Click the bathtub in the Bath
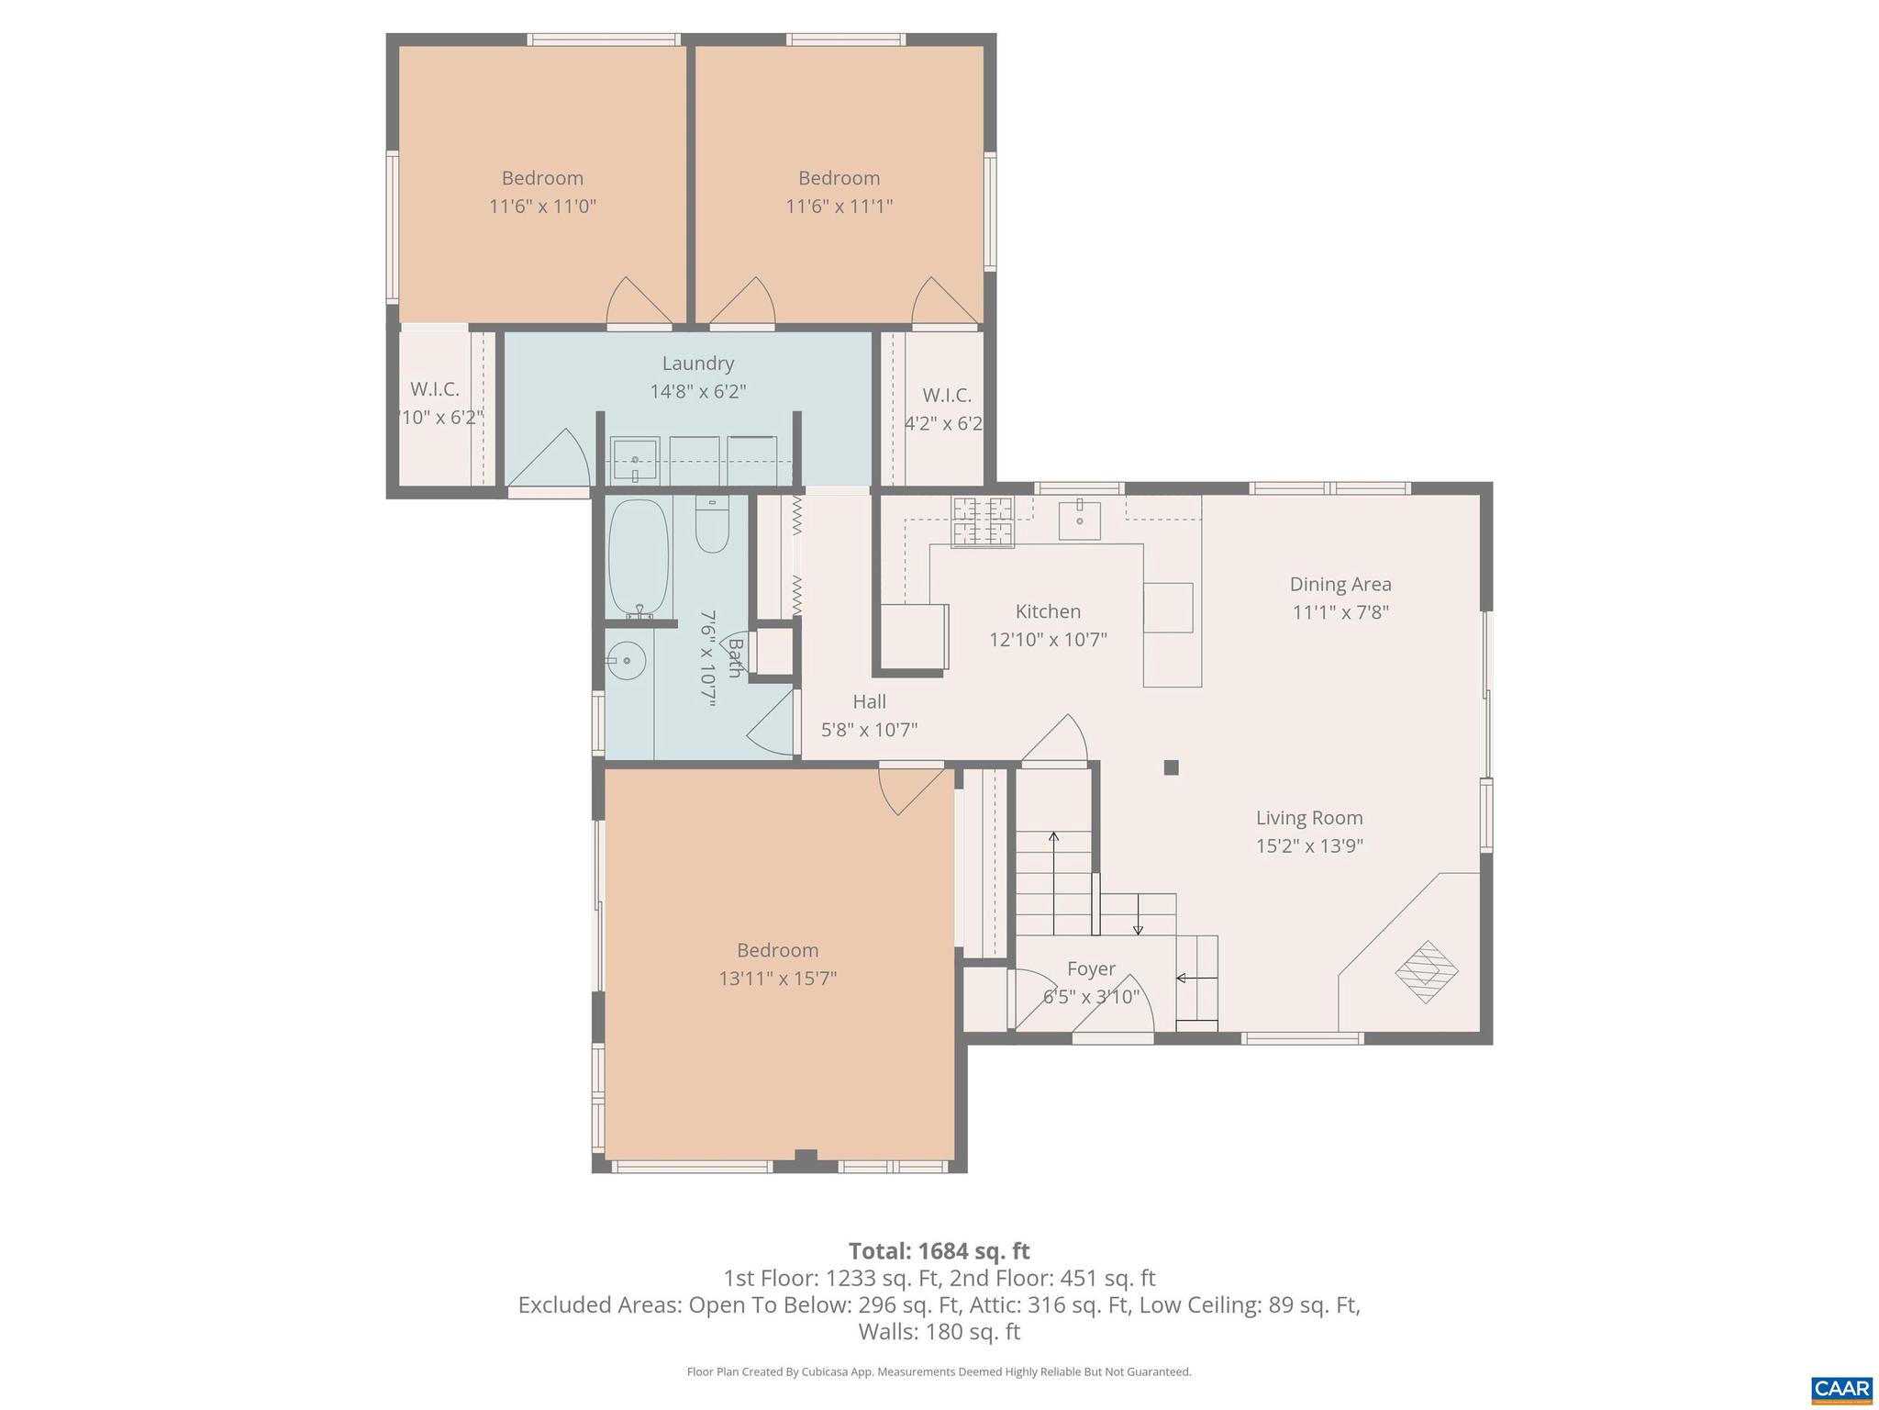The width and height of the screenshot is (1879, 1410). click(x=639, y=558)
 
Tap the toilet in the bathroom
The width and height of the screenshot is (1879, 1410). click(x=711, y=525)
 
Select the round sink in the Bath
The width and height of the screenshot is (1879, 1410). click(x=627, y=659)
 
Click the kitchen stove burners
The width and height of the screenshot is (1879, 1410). click(x=983, y=521)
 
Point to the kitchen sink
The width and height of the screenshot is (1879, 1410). click(x=1080, y=520)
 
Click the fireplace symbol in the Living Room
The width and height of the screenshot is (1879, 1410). click(x=1427, y=971)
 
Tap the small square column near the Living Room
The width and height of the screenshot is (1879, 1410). click(x=1171, y=767)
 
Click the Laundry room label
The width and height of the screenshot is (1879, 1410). click(x=697, y=364)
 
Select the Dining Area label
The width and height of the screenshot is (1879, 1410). click(x=1340, y=584)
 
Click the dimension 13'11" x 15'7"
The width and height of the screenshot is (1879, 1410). click(x=777, y=979)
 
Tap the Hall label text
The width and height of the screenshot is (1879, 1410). click(x=869, y=701)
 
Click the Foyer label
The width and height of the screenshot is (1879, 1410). click(x=1091, y=968)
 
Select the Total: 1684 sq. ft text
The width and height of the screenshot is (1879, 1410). click(x=939, y=1251)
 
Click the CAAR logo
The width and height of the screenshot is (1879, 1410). click(x=1841, y=1387)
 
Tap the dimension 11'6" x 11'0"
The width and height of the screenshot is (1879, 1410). click(x=542, y=206)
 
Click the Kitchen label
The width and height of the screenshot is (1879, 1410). click(x=1048, y=611)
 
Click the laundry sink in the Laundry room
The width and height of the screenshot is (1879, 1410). click(x=634, y=459)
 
